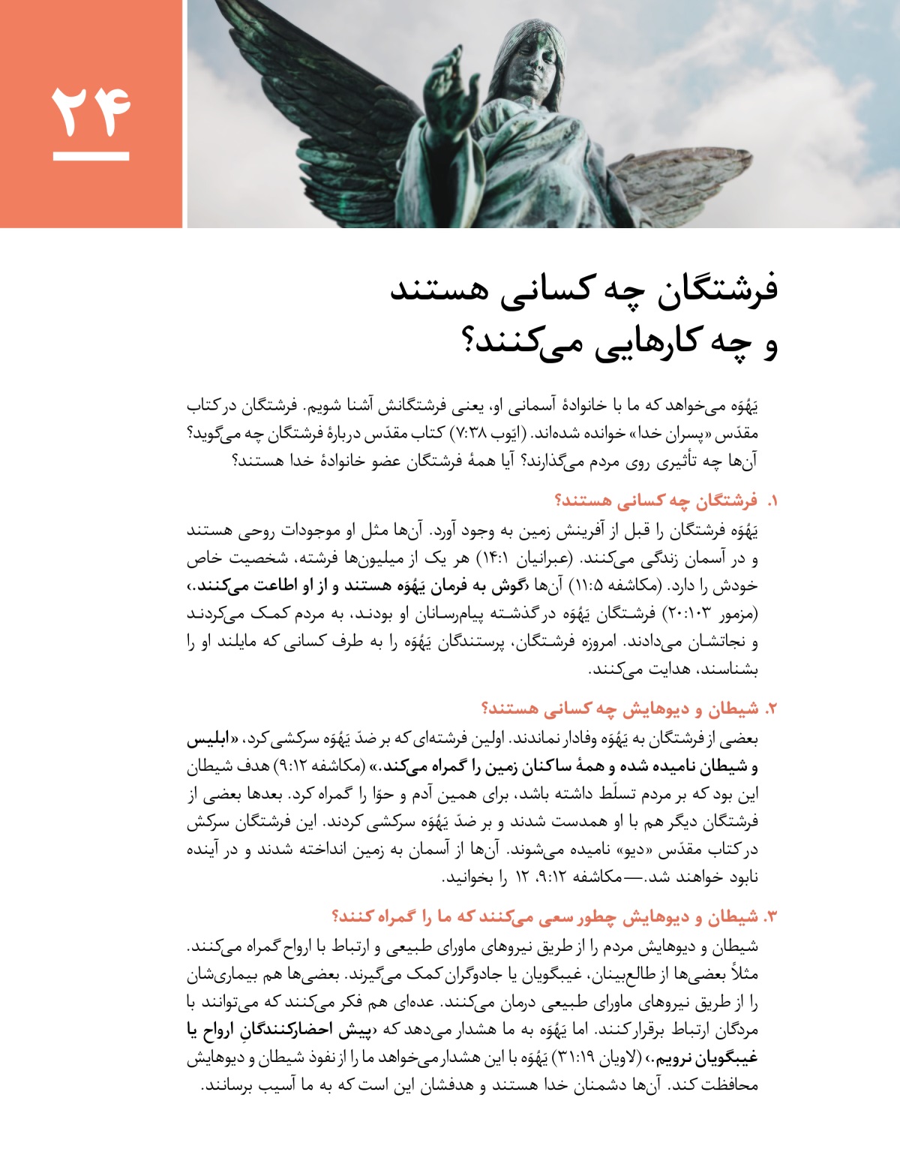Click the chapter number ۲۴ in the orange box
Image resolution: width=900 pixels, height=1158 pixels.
(91, 111)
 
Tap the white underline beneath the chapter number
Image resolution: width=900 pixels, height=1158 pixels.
(91, 157)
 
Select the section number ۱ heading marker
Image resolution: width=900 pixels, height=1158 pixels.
(770, 501)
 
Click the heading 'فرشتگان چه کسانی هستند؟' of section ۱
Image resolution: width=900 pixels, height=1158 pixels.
(655, 501)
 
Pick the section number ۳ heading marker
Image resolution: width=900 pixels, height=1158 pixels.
(770, 917)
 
